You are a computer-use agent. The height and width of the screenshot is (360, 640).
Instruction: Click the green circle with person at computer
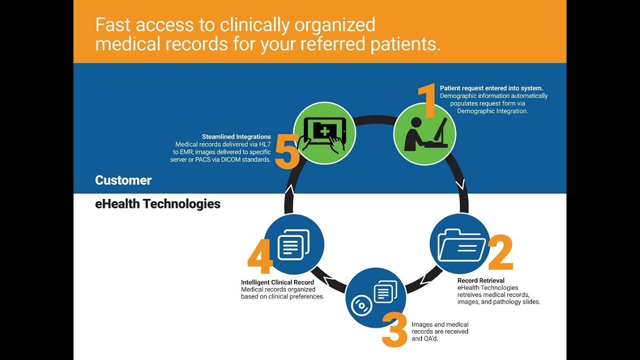[x=424, y=133]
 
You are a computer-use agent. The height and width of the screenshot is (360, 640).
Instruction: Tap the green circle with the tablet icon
[x=324, y=133]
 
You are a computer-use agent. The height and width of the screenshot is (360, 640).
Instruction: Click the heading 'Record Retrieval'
[x=481, y=280]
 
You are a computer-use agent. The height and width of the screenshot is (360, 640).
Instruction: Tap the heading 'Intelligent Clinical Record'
[x=277, y=282]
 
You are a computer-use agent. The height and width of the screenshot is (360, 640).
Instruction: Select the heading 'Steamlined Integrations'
[x=236, y=136]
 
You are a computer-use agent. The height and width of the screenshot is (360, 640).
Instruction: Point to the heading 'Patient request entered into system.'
[x=491, y=88]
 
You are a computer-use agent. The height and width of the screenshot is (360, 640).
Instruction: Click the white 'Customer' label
[x=123, y=180]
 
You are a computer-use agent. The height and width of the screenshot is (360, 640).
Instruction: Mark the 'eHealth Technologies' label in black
[x=157, y=204]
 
